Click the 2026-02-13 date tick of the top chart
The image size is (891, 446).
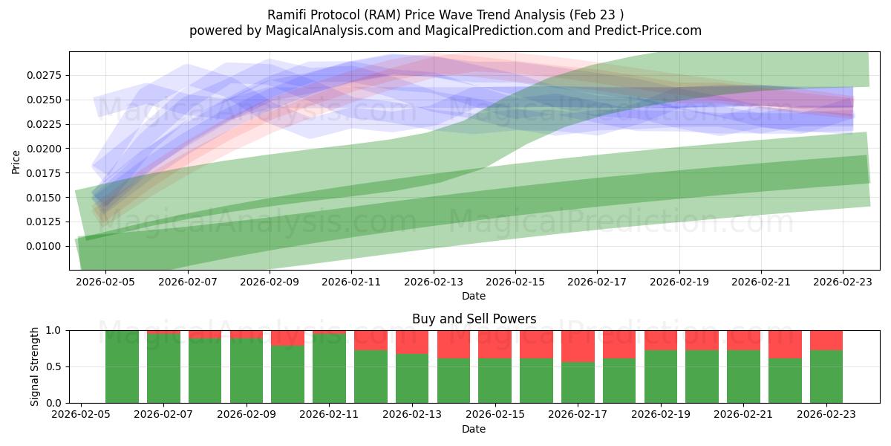click(x=434, y=282)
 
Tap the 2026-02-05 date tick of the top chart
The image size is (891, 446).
click(x=105, y=282)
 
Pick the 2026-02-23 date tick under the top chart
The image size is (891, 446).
click(x=843, y=282)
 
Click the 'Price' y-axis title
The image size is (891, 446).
click(x=16, y=161)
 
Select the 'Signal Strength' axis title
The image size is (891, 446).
click(x=34, y=366)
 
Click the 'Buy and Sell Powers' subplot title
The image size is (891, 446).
click(x=474, y=319)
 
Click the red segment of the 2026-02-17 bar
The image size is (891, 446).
click(x=578, y=346)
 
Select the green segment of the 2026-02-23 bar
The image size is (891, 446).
click(x=826, y=377)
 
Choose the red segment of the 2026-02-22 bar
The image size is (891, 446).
click(x=785, y=343)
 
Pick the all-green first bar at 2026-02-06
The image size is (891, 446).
click(x=122, y=366)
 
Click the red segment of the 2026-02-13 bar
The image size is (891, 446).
click(x=412, y=341)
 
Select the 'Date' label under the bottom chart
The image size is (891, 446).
click(x=474, y=429)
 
